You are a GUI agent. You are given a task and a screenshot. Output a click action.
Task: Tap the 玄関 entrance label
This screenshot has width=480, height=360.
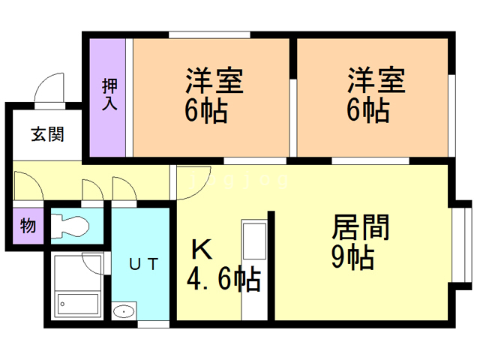47,135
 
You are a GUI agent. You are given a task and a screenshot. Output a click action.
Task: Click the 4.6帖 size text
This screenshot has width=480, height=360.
223,280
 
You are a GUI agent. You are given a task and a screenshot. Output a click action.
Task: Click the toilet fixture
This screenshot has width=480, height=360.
68,225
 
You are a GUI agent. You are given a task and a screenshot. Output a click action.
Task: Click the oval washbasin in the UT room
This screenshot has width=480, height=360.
124,311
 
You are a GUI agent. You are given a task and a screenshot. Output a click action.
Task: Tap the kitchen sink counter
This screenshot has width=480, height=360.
254,266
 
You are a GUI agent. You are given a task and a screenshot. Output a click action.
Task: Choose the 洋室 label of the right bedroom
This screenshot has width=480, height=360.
375,81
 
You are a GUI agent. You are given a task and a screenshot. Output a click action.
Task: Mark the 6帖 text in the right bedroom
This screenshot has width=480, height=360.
367,112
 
